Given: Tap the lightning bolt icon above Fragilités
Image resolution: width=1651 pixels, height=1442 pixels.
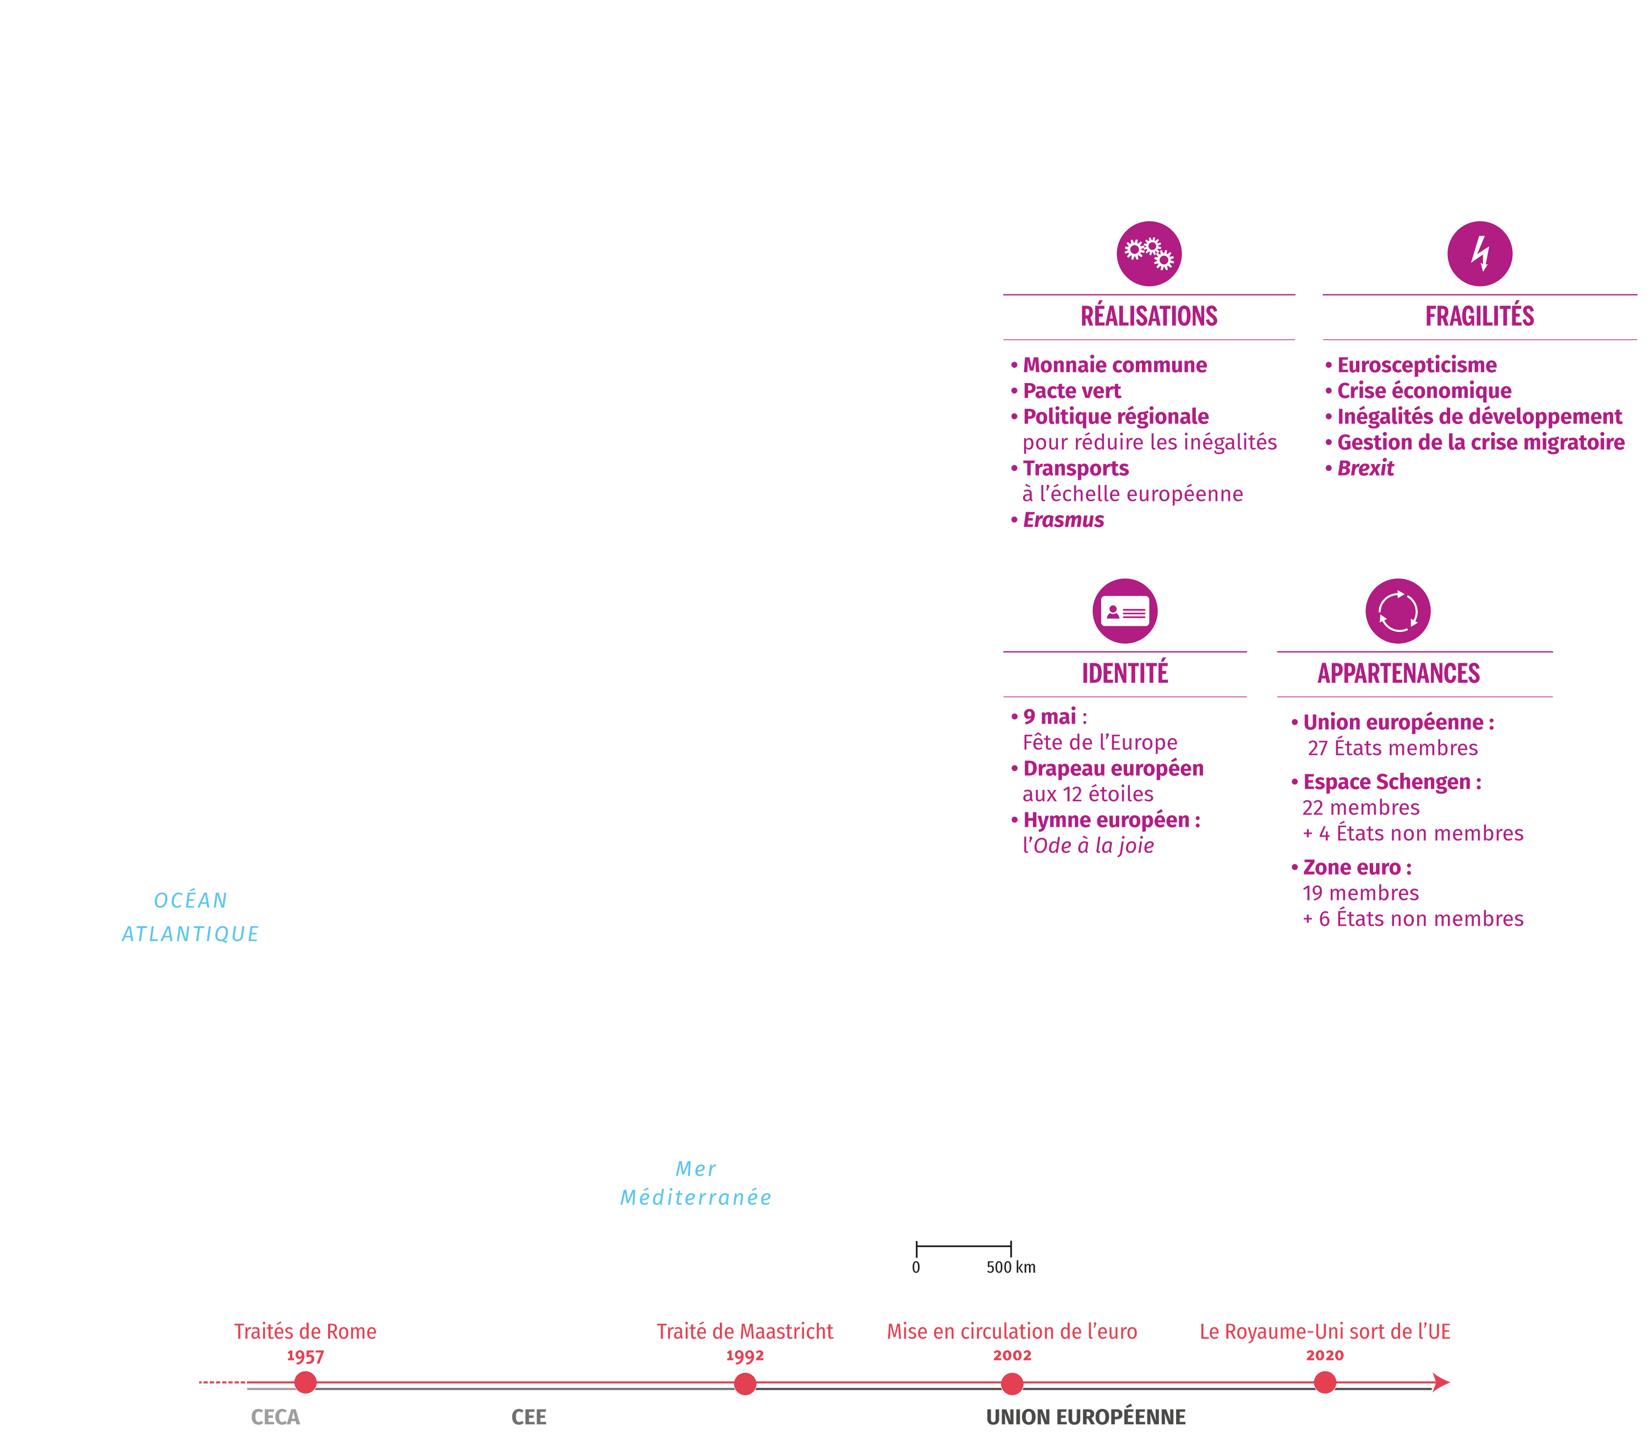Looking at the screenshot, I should coord(1480,254).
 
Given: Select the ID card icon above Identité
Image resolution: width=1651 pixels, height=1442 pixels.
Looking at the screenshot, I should coord(1125,611).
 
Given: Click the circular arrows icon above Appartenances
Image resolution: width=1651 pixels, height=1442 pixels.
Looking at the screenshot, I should coord(1398,611).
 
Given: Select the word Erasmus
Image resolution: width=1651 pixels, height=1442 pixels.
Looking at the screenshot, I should coord(1063,520).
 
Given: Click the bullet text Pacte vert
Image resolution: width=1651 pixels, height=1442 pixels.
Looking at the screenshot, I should coord(1071,391).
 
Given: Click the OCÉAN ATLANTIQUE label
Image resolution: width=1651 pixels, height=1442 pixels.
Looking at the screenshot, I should coord(190,916).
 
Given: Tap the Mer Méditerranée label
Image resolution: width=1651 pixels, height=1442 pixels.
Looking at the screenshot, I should coord(695,1183).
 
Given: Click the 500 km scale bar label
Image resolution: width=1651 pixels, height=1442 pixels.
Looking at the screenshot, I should coord(1010,1268).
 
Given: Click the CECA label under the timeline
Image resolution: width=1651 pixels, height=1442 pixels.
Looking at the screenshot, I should coord(275,1417).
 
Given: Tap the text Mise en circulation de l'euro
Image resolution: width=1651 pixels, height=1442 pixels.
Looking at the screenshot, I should coord(1012,1332).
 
